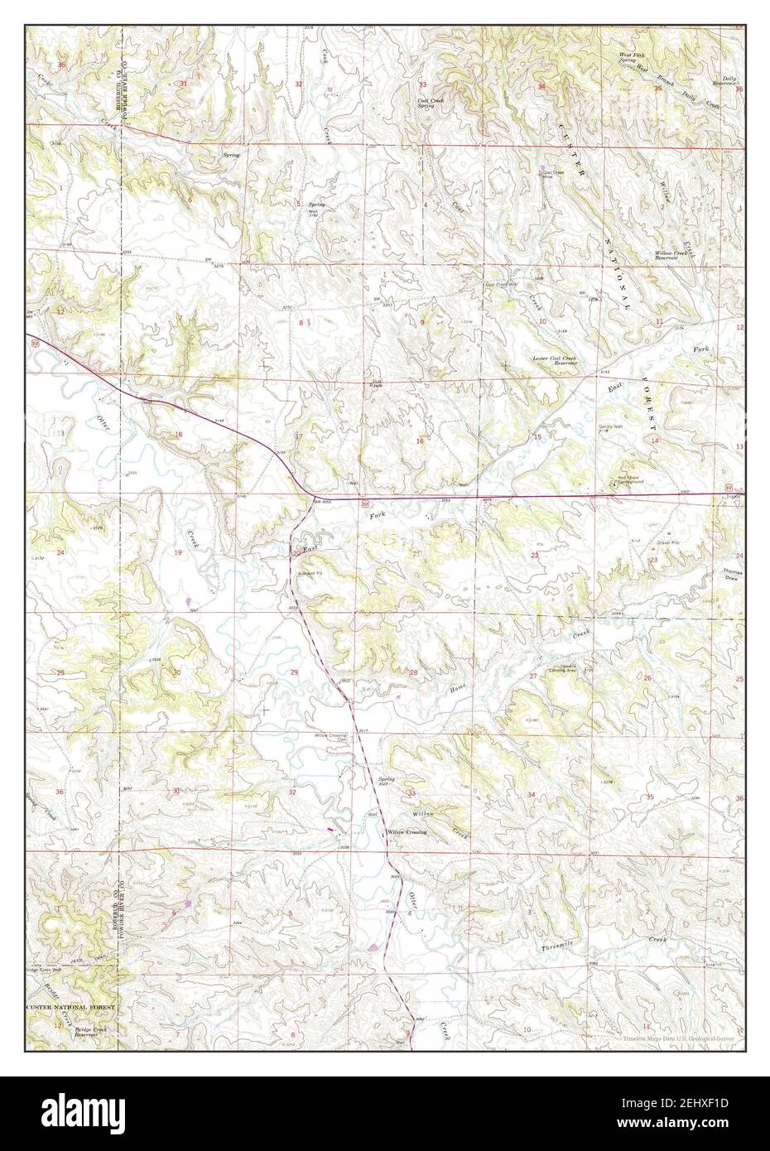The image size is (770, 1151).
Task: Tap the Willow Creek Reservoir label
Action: coord(671,255)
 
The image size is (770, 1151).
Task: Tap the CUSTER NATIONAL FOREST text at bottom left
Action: coord(70,1006)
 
